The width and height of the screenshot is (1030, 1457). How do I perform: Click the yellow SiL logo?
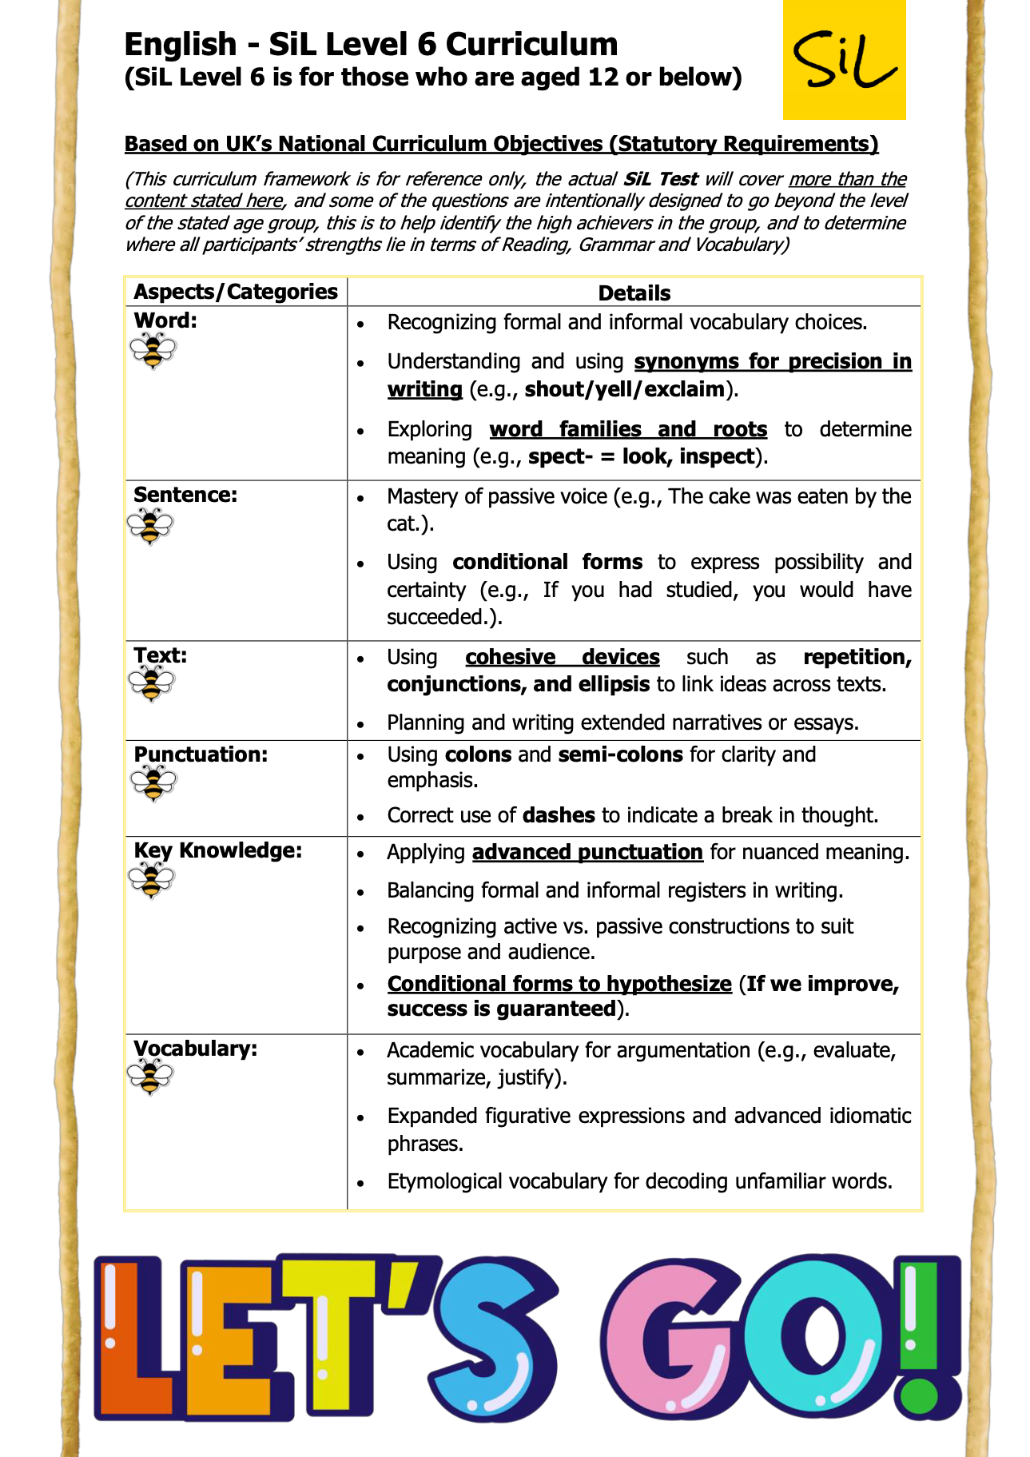(x=844, y=59)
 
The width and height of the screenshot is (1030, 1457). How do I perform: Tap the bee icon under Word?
(x=152, y=351)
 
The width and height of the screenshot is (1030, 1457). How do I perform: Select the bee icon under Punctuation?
(x=152, y=782)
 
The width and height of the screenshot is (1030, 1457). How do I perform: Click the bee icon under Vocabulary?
(x=150, y=1077)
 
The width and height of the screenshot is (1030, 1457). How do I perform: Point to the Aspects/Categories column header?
(x=236, y=292)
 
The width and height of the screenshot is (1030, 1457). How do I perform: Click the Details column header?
(x=634, y=293)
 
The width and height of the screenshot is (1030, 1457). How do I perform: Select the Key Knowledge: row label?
(x=218, y=850)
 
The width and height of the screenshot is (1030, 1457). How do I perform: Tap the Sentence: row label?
(x=185, y=495)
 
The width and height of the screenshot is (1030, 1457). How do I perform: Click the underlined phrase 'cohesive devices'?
(x=562, y=657)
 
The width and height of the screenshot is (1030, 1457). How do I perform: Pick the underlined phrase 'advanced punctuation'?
(x=587, y=852)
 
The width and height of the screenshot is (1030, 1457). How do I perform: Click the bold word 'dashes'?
(x=559, y=815)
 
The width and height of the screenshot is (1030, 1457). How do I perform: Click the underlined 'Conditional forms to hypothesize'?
(x=559, y=984)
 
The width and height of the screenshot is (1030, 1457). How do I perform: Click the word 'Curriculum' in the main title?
(x=531, y=44)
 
